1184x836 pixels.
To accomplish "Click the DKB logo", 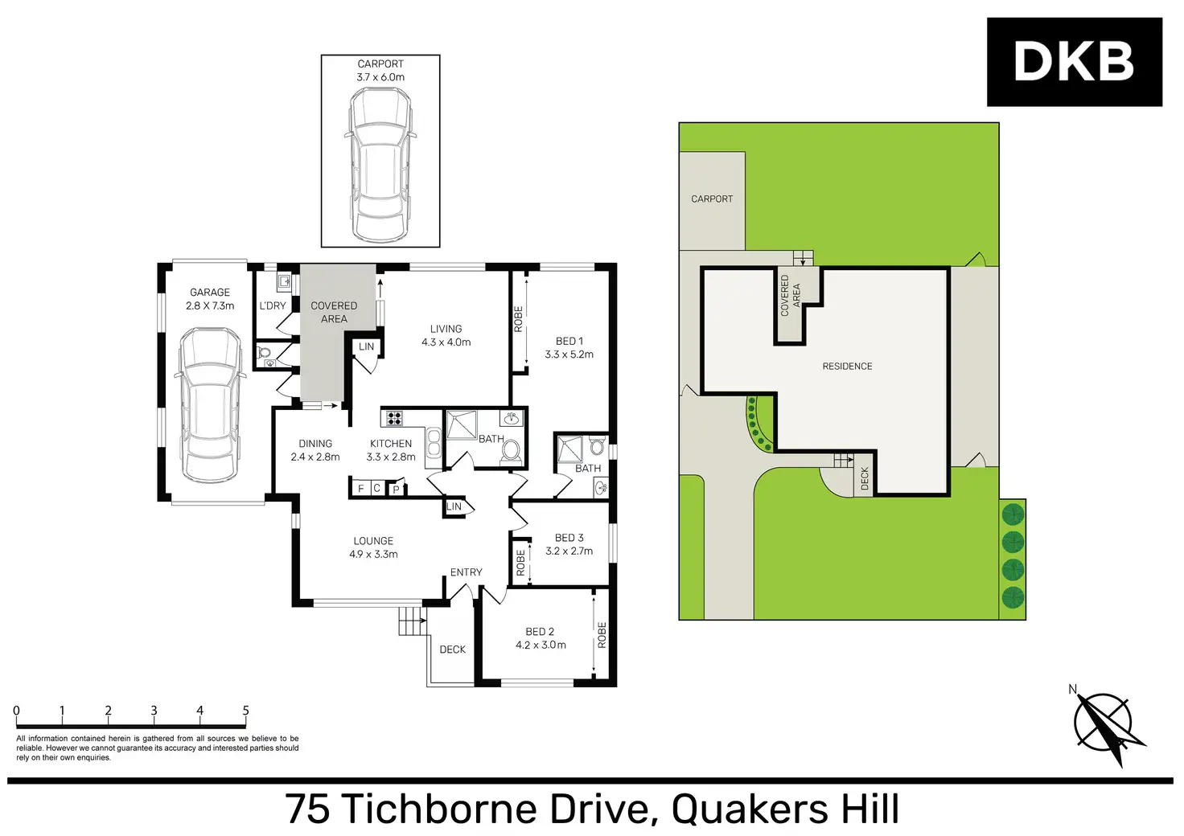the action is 1074,62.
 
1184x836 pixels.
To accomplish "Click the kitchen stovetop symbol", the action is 394,418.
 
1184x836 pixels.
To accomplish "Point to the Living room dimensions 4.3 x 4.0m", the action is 446,342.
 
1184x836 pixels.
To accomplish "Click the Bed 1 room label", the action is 569,341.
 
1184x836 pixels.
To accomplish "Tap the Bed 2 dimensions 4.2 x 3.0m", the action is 541,645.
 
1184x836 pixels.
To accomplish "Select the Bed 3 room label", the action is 569,538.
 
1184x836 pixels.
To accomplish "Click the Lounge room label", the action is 373,541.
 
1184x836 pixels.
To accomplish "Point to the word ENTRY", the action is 466,572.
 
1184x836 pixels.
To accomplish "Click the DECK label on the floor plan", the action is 452,650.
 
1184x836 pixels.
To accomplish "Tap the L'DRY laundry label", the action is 273,305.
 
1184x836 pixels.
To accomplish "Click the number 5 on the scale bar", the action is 245,711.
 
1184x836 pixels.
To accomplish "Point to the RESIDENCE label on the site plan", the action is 847,367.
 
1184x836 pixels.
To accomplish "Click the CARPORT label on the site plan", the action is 712,199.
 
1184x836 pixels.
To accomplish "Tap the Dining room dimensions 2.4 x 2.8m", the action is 315,457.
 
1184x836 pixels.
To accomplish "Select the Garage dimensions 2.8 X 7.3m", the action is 210,306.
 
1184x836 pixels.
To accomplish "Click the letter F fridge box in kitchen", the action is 360,488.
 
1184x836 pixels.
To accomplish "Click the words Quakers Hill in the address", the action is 785,809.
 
